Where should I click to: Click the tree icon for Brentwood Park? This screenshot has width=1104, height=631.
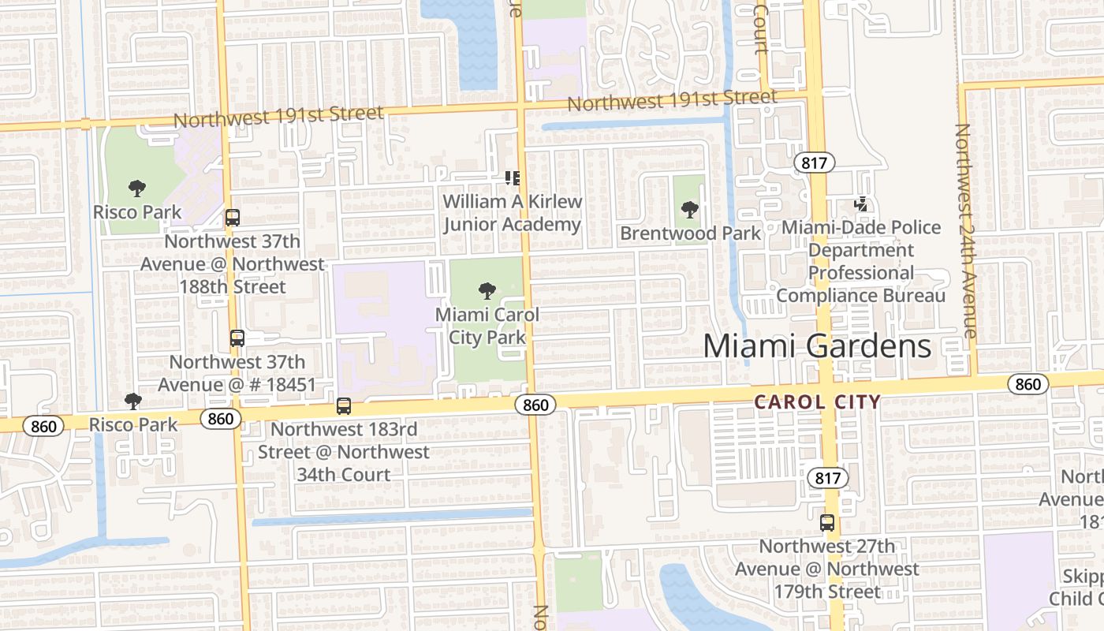tap(690, 210)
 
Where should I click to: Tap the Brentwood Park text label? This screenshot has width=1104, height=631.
tap(691, 233)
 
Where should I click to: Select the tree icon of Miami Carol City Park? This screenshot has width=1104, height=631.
tap(487, 291)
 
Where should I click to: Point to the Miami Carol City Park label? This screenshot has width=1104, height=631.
tap(487, 326)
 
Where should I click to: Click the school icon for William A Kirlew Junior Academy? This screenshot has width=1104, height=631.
tap(512, 178)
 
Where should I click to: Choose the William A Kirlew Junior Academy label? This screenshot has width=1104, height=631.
tap(512, 213)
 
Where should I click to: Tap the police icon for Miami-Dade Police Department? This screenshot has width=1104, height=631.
tap(861, 204)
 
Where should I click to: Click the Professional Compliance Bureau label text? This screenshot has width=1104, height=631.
tap(861, 284)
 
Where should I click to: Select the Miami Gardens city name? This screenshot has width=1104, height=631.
tap(817, 346)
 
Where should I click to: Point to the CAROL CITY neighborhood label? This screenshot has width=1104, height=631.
tap(817, 401)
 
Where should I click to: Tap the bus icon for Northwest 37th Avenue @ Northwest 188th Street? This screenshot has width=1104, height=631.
tap(232, 218)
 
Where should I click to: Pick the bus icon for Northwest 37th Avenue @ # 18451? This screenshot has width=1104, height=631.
tap(237, 338)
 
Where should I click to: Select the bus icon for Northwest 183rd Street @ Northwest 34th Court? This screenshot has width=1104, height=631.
tap(343, 406)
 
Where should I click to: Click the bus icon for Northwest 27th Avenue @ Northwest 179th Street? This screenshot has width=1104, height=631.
tap(826, 522)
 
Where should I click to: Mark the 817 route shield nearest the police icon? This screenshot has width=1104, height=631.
tap(814, 163)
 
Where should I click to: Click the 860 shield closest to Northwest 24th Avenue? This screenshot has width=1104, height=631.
tap(1028, 384)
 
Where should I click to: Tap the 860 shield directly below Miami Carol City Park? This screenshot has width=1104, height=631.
tap(535, 405)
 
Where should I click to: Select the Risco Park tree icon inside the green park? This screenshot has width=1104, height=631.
tap(137, 189)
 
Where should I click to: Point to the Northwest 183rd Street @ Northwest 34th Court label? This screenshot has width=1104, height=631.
tap(344, 452)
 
